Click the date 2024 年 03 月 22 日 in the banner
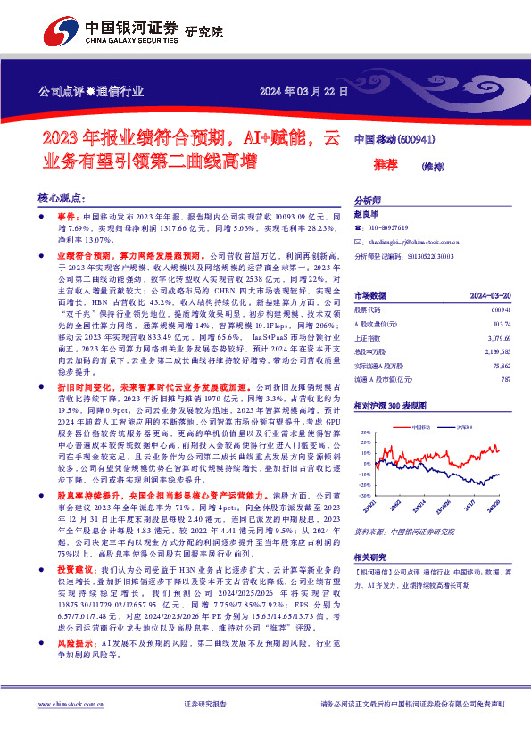(x=303, y=92)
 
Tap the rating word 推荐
(x=385, y=165)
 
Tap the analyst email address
(x=417, y=241)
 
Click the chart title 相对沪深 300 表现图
(x=391, y=406)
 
